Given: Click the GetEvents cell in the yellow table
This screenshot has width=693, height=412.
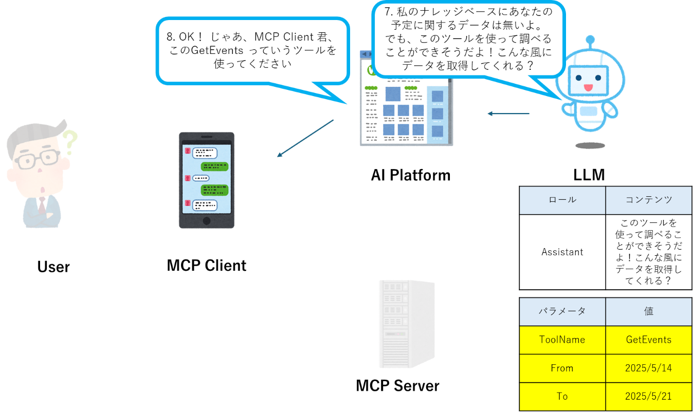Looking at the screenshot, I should point(648,340).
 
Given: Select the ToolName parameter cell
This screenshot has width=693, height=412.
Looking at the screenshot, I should point(562,340).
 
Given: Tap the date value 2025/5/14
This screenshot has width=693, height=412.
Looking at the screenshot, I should point(648,368).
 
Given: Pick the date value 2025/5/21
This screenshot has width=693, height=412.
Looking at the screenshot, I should point(648,396).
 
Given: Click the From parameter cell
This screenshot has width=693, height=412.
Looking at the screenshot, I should point(562,368).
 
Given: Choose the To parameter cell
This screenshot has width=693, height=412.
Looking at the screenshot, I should point(562,396).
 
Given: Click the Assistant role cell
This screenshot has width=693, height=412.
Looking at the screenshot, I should point(562,252).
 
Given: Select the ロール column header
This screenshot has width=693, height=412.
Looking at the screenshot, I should point(562,200).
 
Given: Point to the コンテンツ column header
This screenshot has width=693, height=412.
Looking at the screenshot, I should point(648,200).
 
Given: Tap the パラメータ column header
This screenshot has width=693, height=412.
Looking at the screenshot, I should point(562,311).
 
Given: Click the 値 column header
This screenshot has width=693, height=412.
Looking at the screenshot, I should point(648,311).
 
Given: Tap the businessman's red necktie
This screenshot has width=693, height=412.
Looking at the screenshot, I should point(42,205).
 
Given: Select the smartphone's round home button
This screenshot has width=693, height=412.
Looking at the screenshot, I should point(207,220).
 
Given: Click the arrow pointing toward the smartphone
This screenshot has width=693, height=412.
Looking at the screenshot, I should point(305,138).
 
